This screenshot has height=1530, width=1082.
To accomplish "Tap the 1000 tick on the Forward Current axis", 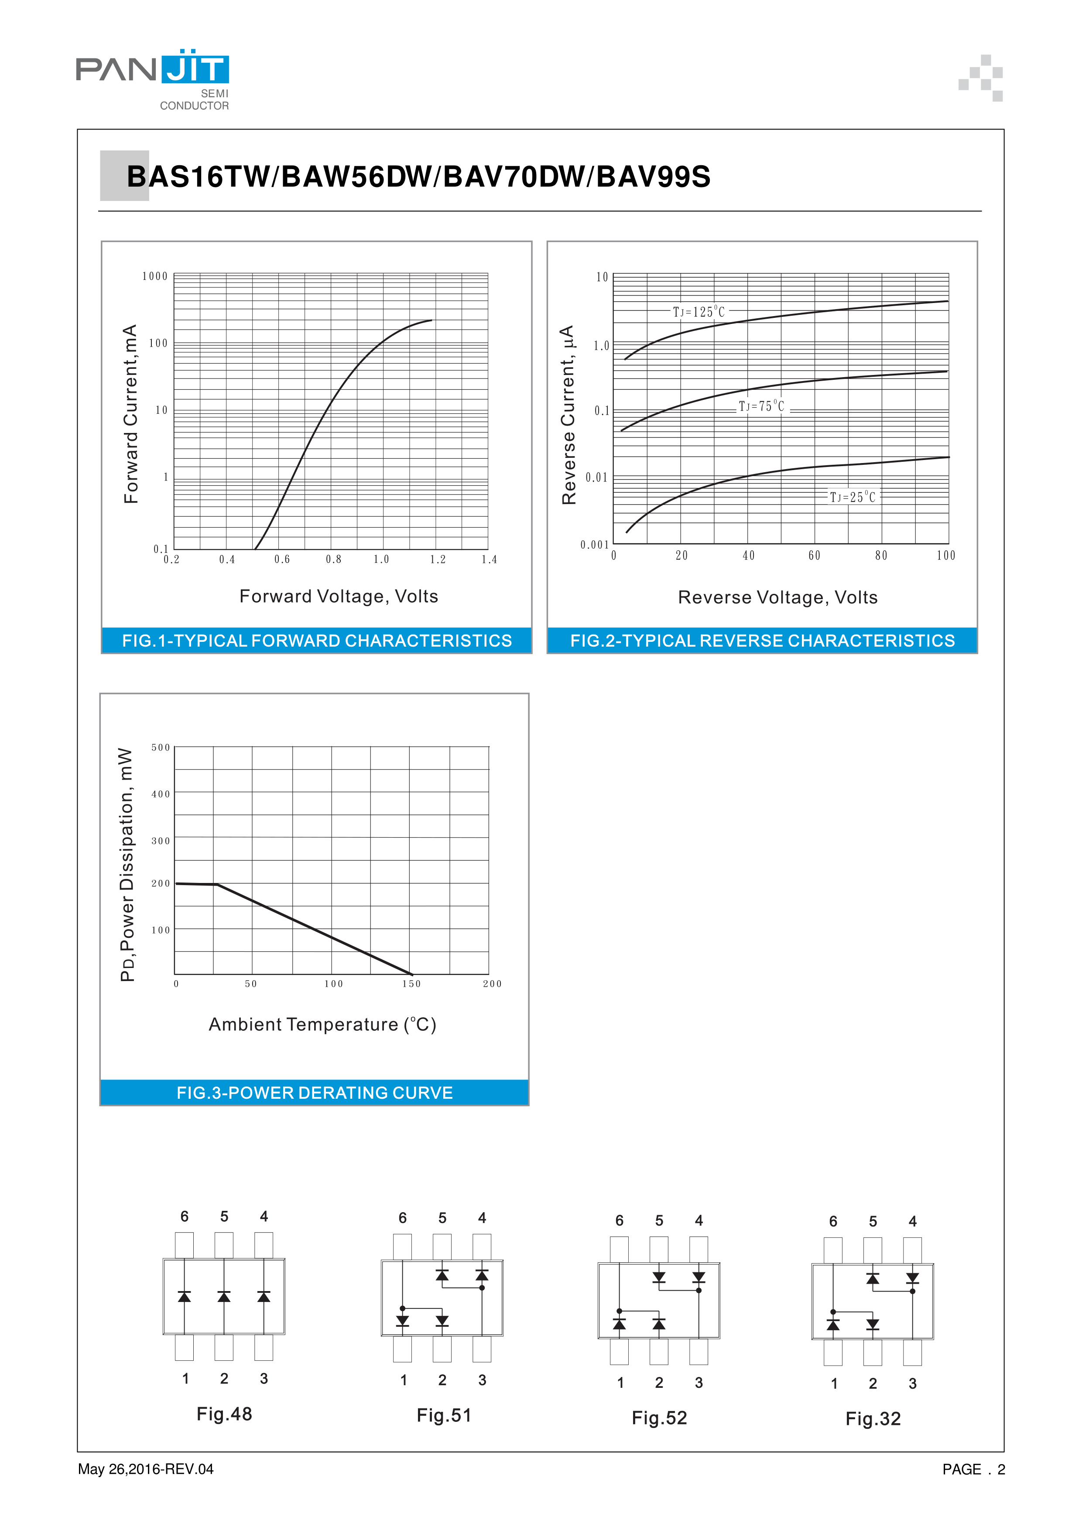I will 155,276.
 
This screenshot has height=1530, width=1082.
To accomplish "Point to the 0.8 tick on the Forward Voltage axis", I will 333,560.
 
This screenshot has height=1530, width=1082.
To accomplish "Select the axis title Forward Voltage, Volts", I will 339,596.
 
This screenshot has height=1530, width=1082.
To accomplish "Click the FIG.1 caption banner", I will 317,641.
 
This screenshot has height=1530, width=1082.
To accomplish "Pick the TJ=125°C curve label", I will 698,312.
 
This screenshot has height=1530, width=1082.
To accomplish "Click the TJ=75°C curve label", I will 761,406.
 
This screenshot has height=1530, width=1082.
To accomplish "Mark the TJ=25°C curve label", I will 852,497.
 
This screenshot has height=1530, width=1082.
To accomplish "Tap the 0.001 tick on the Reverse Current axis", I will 594,545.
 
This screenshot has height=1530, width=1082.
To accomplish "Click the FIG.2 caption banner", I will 762,641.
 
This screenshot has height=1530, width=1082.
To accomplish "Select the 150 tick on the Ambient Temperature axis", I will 411,984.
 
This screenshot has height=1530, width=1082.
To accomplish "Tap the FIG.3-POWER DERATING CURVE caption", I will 315,1093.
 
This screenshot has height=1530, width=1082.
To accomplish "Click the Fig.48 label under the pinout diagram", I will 224,1414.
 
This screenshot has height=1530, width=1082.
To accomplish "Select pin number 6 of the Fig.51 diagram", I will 403,1218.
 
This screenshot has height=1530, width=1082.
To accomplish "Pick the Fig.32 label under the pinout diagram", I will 873,1419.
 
